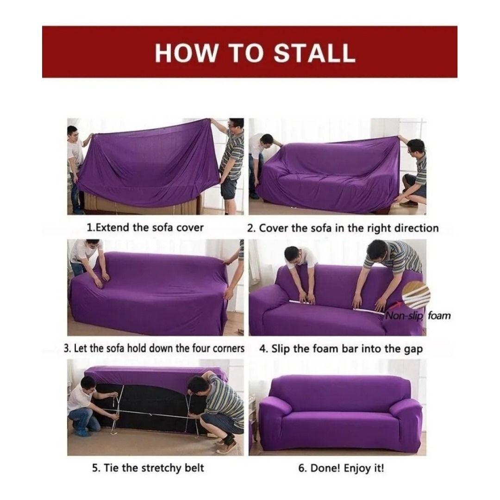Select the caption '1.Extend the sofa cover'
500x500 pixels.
click(x=145, y=227)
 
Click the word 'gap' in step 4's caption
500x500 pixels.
click(x=413, y=348)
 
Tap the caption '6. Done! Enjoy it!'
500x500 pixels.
click(x=341, y=468)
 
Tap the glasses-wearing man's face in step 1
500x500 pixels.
click(x=235, y=127)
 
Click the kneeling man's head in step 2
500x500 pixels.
click(x=416, y=147)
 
